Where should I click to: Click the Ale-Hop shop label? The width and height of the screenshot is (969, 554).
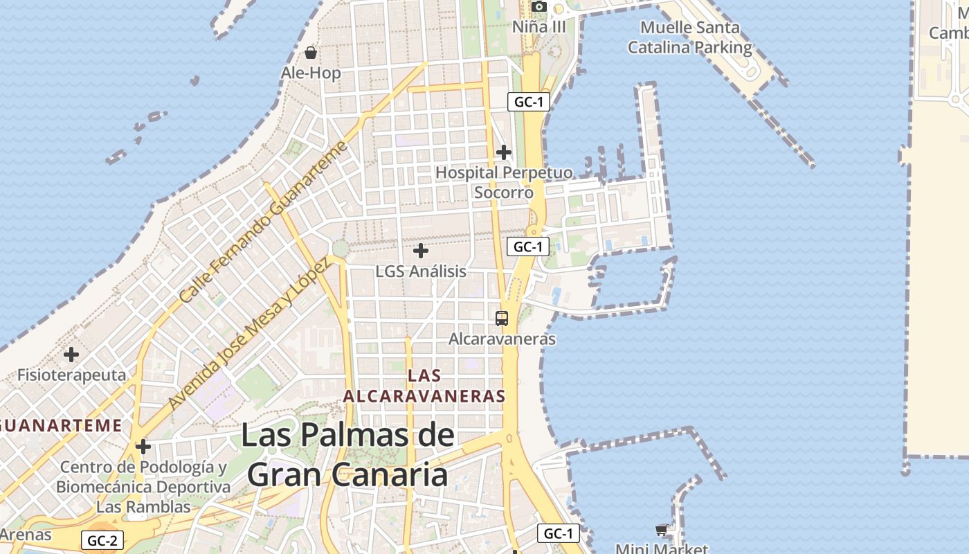coord(311,73)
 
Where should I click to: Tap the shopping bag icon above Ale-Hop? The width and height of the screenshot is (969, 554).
coord(311,53)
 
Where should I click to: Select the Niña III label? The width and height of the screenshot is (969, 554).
coord(539,27)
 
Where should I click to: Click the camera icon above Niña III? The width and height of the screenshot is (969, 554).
coord(539,7)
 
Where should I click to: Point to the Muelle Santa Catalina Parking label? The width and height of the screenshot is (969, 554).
coord(689,38)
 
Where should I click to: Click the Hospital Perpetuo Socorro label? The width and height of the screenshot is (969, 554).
coord(504,182)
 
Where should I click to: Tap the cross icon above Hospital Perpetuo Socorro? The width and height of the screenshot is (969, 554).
coord(504,152)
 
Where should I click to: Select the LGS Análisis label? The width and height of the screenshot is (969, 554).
coord(421,271)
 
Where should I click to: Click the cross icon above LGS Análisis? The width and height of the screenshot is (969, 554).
coord(421,251)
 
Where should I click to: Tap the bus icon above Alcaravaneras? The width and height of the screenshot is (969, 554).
coord(502,319)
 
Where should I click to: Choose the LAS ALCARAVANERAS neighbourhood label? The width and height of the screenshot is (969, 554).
coord(424,386)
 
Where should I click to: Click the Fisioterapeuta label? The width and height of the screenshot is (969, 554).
coord(72,375)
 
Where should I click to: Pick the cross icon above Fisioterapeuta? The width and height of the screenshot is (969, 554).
coord(71,355)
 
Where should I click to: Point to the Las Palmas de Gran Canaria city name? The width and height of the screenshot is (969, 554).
coord(347,455)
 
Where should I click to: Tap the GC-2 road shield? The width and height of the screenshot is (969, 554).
coord(102,540)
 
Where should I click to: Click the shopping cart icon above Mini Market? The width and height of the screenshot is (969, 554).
coord(662,530)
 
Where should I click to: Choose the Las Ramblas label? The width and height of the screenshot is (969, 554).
coord(143,507)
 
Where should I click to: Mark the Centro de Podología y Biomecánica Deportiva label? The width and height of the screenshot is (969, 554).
coord(143,477)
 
